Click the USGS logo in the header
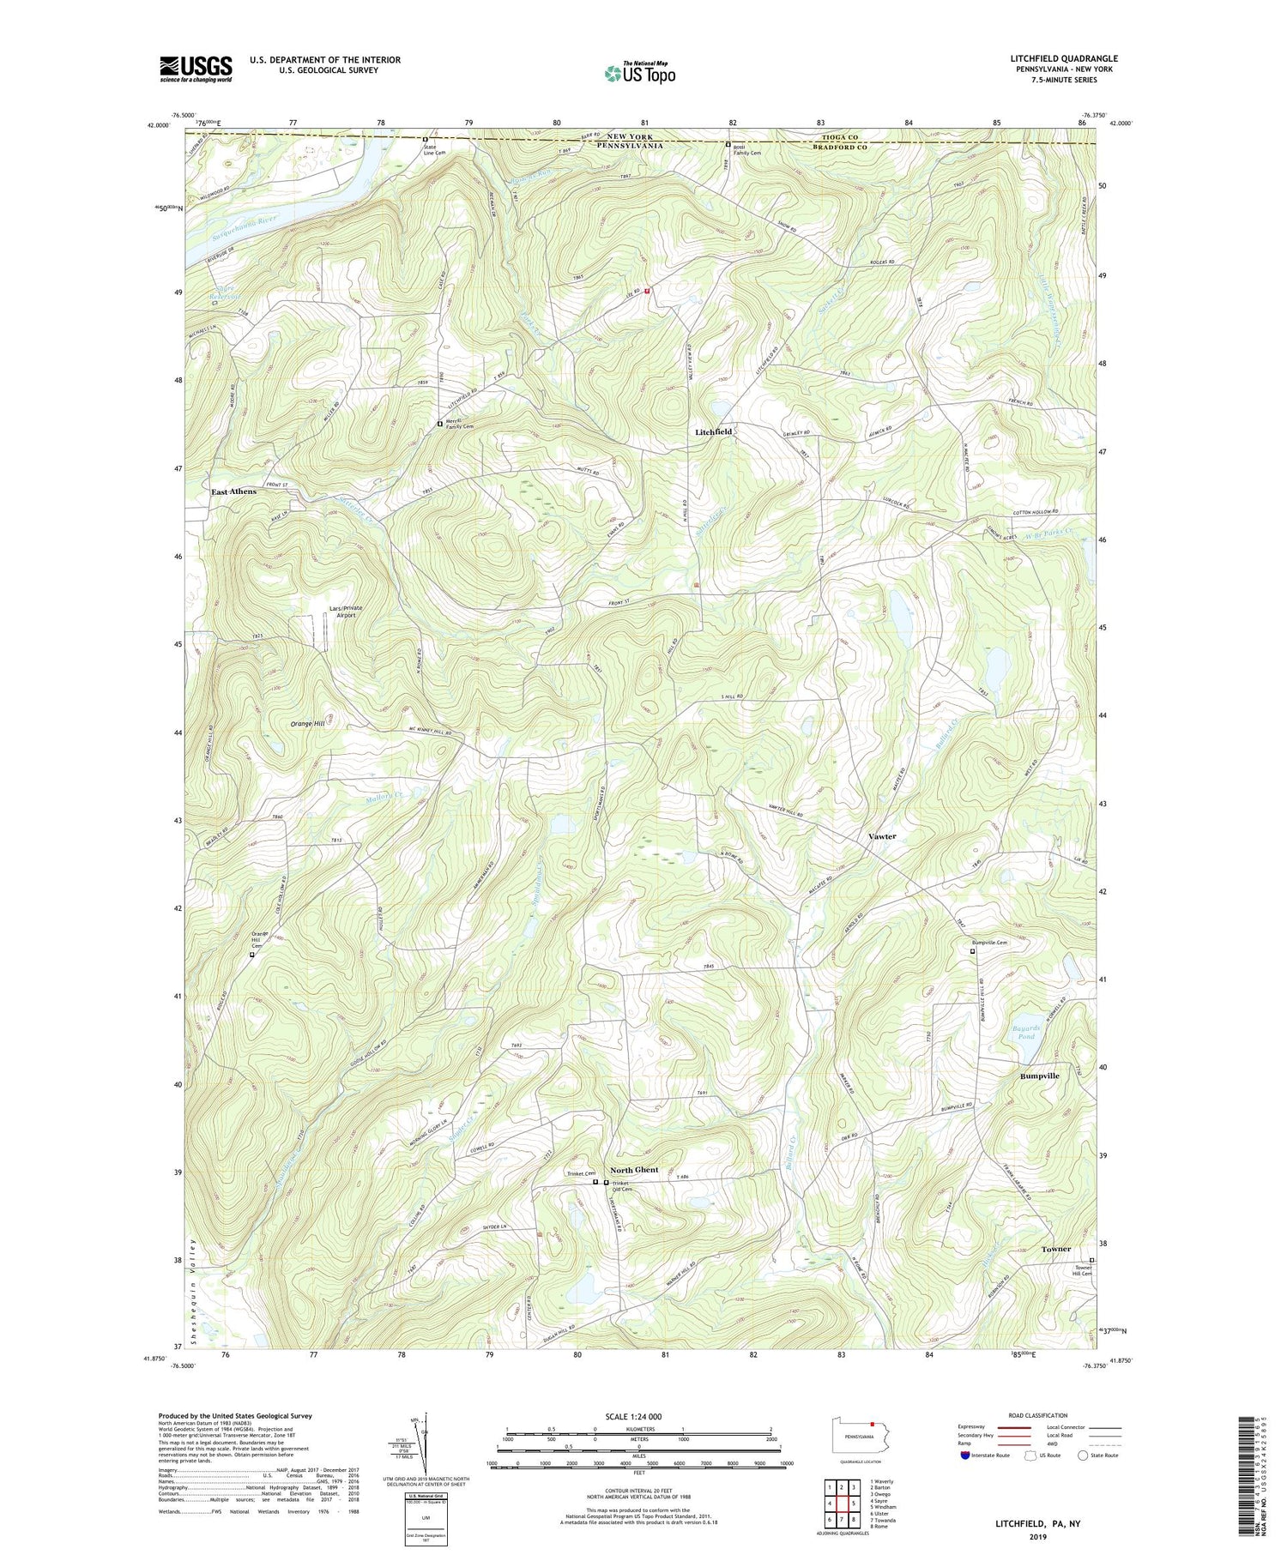coord(196,69)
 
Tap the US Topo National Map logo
coord(639,74)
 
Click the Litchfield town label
coord(713,432)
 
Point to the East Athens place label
coord(233,491)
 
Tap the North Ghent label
coord(634,1170)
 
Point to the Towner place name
coord(1055,1249)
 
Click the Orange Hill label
coord(307,724)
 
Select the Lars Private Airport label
coord(346,612)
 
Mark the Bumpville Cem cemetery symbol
coord(972,950)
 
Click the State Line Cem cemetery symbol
coord(424,139)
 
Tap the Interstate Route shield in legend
coord(966,1455)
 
